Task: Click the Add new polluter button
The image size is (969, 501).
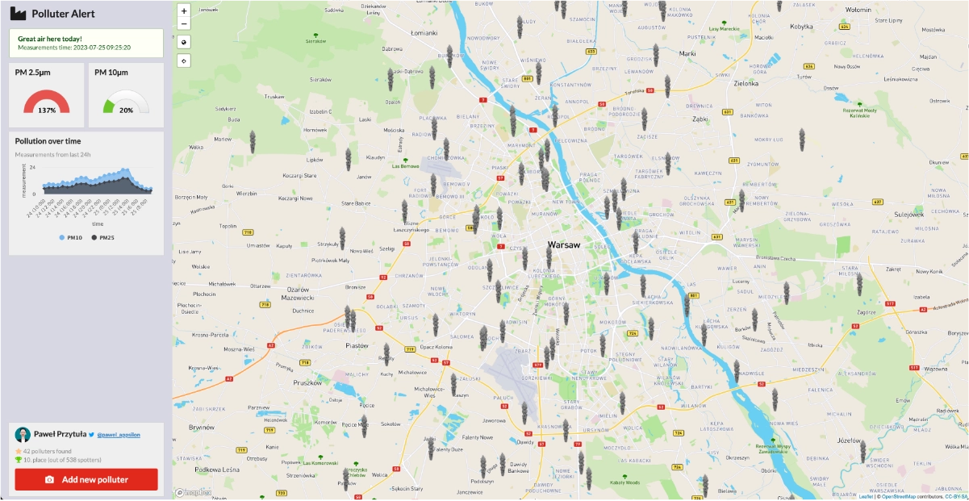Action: [x=86, y=479]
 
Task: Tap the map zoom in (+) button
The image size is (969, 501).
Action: [x=184, y=11]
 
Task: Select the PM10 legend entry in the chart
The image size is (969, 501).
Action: [x=70, y=237]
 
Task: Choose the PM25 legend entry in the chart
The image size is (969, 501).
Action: [x=102, y=237]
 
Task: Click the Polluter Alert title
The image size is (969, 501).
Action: [x=63, y=13]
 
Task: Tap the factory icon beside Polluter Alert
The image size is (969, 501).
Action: [x=18, y=13]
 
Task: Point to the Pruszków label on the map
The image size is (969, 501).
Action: [x=307, y=382]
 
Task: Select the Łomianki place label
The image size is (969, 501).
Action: [x=424, y=33]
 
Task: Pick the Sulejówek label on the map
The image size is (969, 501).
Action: [x=907, y=214]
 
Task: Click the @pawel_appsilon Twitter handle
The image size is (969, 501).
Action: [x=118, y=434]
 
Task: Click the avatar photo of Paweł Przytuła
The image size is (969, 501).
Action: [x=23, y=434]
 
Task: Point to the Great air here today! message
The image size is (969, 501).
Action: [x=50, y=39]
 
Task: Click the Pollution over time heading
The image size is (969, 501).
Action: [x=48, y=141]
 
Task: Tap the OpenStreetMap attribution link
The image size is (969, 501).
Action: [x=903, y=496]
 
